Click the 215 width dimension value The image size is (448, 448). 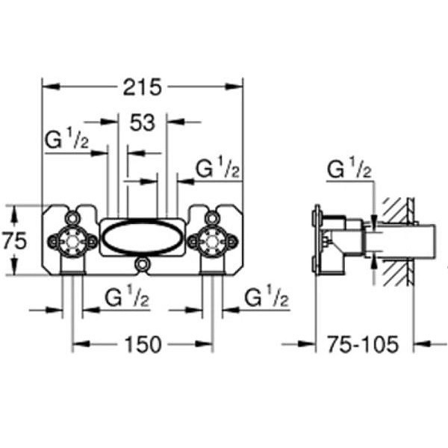tap(143, 87)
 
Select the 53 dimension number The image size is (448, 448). tap(143, 122)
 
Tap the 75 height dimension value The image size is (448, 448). tap(15, 240)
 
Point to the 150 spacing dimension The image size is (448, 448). tap(143, 344)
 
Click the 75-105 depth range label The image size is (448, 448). tap(362, 344)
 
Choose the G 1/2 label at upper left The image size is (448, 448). tap(67, 139)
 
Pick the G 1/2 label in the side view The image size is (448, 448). tap(349, 168)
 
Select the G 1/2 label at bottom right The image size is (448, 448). tap(267, 296)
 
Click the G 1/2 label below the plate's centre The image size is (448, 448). tap(127, 296)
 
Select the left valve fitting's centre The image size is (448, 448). tap(72, 241)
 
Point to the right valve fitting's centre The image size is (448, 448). tap(212, 241)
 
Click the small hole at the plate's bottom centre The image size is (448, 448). tap(142, 264)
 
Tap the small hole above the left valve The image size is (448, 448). tap(72, 218)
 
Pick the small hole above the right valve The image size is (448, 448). tap(212, 218)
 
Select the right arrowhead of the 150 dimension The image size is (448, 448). tap(204, 344)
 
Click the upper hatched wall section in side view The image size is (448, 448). tap(396, 209)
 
